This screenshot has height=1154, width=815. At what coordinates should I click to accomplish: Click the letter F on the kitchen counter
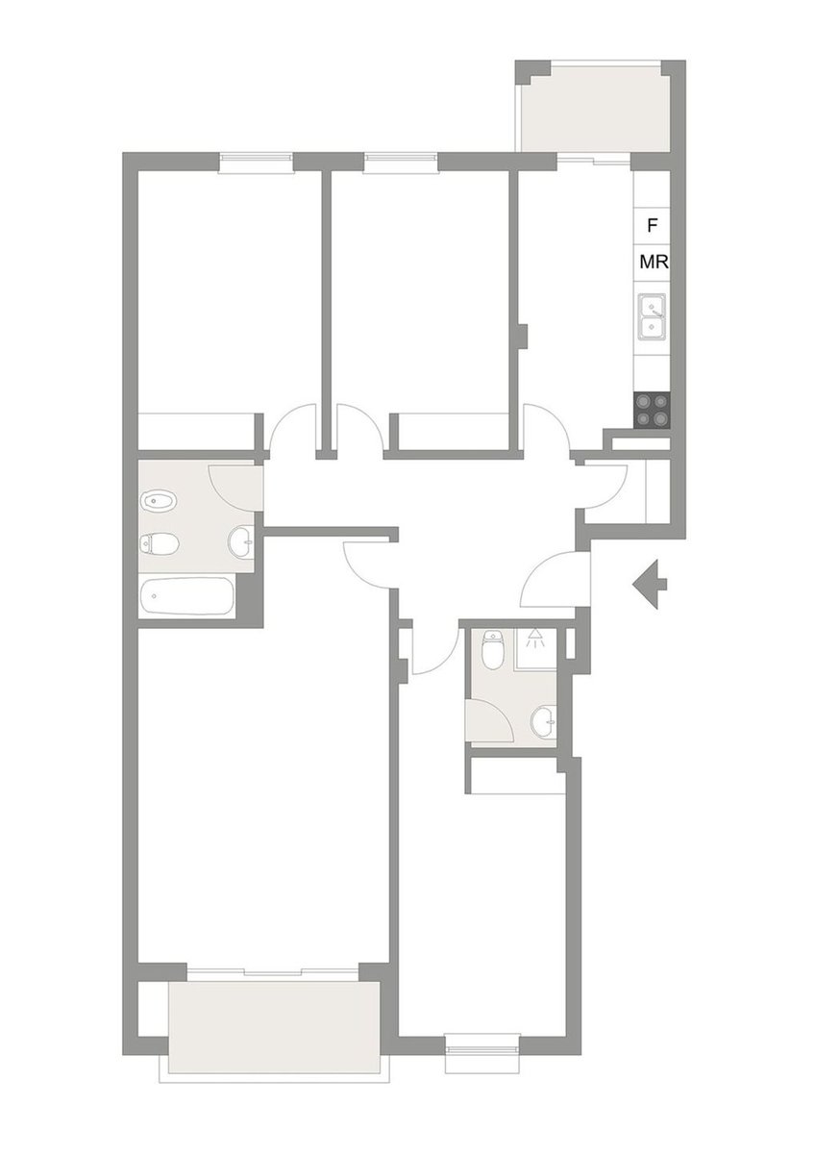pos(653,225)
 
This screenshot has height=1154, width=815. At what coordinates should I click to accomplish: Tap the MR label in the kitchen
pos(654,263)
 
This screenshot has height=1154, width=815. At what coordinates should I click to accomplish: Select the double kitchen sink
pos(652,316)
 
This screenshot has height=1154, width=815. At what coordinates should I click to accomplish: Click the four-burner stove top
pos(652,410)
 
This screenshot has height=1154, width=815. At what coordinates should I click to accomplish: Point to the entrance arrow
pos(650,585)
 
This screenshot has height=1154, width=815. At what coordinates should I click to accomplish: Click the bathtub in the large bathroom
pos(186,596)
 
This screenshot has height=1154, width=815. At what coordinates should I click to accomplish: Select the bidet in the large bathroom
pos(158,501)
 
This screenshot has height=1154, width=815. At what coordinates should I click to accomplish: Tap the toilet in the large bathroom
pos(160,543)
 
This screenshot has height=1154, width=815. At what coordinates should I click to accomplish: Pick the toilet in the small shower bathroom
pos(493,650)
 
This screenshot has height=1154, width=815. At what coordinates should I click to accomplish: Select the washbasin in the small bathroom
pos(544,722)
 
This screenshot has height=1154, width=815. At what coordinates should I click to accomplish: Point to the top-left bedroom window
pos(256,163)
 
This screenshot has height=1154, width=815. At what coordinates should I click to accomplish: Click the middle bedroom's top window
pos(401,163)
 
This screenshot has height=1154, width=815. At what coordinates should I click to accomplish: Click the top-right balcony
pos(596,114)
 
